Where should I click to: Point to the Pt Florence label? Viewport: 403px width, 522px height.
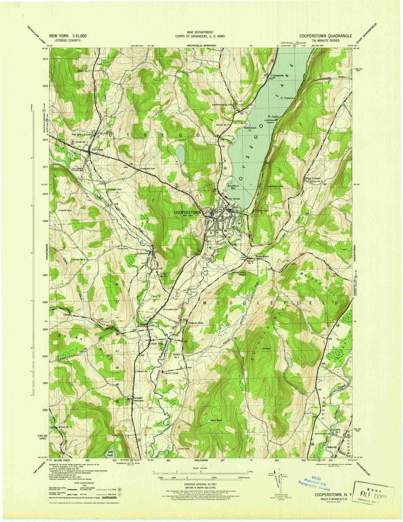click(286, 98)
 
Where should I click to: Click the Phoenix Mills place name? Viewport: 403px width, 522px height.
click(198, 323)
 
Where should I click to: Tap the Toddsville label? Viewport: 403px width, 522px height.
click(143, 253)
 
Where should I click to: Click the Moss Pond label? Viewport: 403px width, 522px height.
click(216, 420)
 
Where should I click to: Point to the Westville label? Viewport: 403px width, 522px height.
click(332, 448)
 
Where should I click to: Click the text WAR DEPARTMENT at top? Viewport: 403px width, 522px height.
click(201, 32)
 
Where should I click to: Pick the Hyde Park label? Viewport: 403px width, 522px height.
click(156, 344)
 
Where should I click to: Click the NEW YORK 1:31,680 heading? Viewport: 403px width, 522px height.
click(68, 36)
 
